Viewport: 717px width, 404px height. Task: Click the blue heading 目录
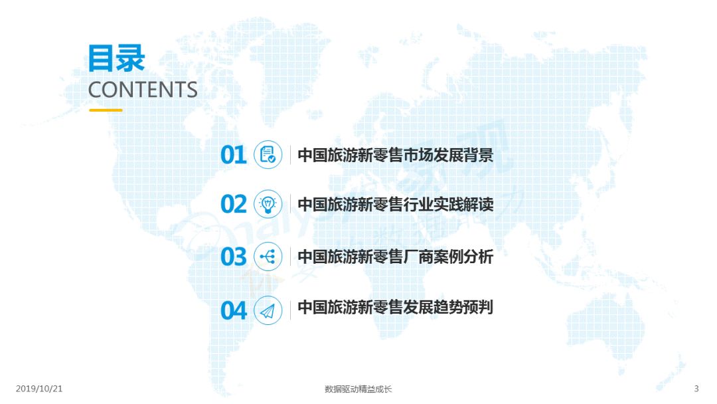click(x=117, y=58)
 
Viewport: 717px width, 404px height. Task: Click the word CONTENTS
click(x=143, y=90)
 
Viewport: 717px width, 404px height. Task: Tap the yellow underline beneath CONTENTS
click(x=106, y=110)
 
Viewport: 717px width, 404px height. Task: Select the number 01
click(x=233, y=155)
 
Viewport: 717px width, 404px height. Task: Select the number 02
click(x=233, y=204)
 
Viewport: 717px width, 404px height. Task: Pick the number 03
click(x=233, y=256)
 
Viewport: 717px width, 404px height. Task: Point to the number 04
click(x=233, y=311)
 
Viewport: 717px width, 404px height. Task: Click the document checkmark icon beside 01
click(x=268, y=155)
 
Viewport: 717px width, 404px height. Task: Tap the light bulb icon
click(x=268, y=204)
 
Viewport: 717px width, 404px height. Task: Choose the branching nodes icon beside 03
click(x=268, y=256)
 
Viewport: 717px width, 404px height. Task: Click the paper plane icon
click(x=268, y=311)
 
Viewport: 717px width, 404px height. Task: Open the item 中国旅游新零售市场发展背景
click(x=396, y=155)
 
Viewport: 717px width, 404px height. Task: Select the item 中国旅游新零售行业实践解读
click(x=396, y=204)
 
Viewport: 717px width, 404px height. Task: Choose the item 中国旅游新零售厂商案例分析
click(x=396, y=256)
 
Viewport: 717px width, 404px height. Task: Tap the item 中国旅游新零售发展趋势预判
click(x=396, y=307)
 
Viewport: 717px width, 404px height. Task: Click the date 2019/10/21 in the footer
click(x=39, y=389)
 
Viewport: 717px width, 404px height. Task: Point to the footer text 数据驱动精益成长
click(x=358, y=389)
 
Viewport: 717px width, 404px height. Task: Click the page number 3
click(x=696, y=389)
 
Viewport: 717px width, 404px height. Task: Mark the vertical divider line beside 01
click(x=290, y=155)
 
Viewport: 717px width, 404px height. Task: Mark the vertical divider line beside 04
click(x=290, y=311)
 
